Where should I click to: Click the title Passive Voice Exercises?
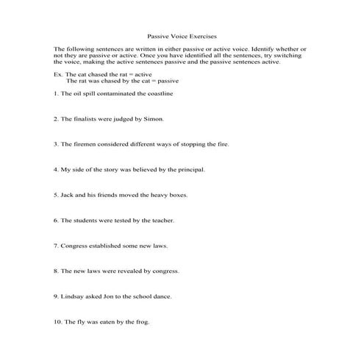point(182,35)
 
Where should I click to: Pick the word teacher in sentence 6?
point(163,220)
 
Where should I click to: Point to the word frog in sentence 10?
point(141,321)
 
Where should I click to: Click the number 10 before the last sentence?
point(58,321)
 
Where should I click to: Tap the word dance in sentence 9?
point(170,296)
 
